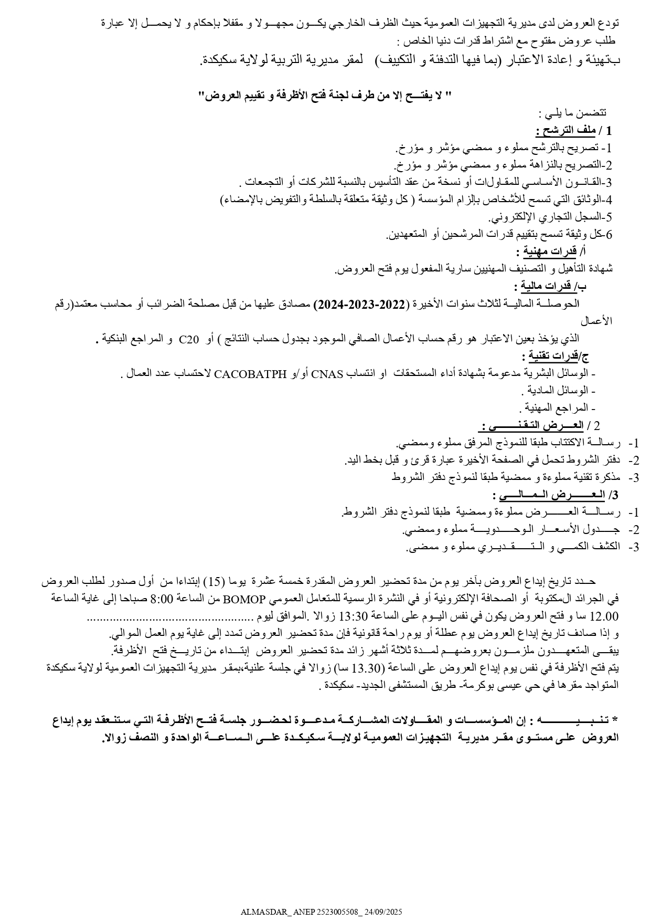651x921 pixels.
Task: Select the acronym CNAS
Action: point(327,374)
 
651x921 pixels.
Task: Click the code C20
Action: point(189,339)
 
